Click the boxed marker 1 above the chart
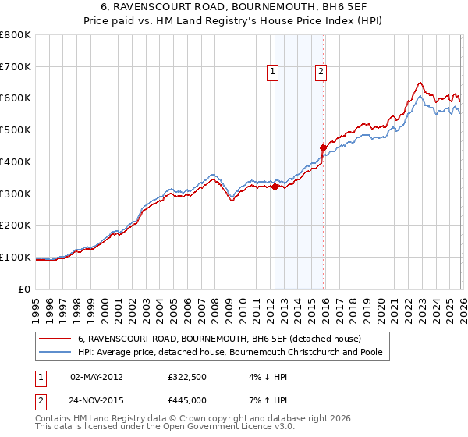[273, 72]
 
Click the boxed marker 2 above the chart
[321, 72]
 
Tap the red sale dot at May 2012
[275, 187]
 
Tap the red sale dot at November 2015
[324, 147]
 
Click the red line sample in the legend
[55, 339]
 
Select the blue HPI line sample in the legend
[55, 353]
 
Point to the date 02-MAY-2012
[97, 376]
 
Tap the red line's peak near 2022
[420, 83]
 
